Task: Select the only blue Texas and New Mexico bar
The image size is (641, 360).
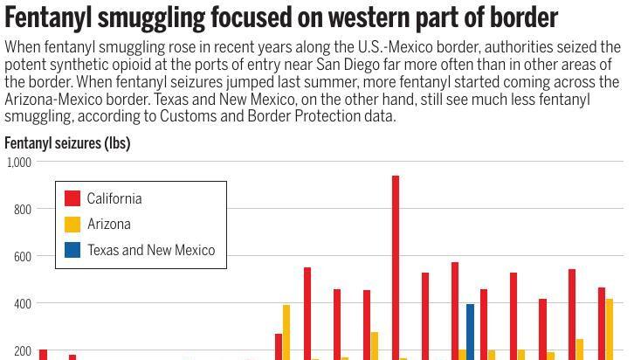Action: [470, 331]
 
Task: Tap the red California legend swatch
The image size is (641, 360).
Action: [72, 198]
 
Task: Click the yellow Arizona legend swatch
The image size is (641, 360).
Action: [72, 225]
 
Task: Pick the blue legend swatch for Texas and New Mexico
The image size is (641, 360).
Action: [72, 250]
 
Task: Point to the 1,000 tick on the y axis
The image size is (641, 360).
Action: [19, 163]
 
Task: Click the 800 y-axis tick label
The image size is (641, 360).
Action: [22, 210]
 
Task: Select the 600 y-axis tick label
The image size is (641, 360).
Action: [22, 257]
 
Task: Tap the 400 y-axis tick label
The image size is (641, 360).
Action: [22, 304]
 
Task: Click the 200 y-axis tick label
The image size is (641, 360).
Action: [22, 351]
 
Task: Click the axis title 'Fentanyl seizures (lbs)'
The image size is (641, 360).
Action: [67, 143]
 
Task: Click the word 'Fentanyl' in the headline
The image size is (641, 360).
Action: [49, 17]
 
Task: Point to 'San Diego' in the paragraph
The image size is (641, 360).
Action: [396, 65]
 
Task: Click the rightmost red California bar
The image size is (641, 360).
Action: [602, 323]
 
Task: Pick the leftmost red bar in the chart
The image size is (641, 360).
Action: [43, 355]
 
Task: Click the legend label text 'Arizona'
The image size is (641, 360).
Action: [109, 225]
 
